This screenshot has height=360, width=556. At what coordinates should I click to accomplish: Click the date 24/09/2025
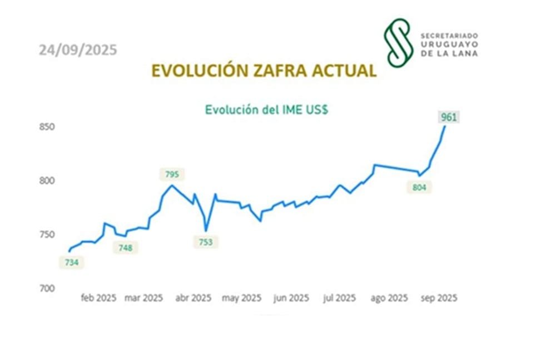(x=78, y=50)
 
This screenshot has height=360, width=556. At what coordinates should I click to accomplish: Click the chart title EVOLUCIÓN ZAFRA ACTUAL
(x=264, y=71)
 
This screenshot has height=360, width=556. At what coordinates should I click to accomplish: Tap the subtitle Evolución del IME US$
(x=266, y=109)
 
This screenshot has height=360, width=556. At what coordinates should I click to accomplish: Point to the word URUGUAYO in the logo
(x=449, y=45)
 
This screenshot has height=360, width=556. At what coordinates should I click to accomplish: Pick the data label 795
(x=172, y=174)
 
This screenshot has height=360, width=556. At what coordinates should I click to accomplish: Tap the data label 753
(x=205, y=242)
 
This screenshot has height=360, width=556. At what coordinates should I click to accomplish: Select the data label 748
(x=125, y=248)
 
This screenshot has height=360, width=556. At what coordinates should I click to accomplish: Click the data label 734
(x=72, y=262)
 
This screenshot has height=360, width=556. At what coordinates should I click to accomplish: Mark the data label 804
(x=419, y=187)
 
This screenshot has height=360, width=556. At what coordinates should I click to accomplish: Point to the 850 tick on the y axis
(x=47, y=127)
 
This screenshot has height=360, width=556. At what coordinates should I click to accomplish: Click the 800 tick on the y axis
(x=47, y=181)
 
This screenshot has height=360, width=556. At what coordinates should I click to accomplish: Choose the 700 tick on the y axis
(x=47, y=288)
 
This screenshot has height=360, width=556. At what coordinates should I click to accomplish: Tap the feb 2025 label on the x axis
(x=98, y=298)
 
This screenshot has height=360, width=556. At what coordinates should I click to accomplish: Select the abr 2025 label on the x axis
(x=193, y=298)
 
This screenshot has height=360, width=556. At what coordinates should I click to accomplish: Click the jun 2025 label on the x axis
(x=291, y=298)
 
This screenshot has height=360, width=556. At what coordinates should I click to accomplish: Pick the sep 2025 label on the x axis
(x=439, y=298)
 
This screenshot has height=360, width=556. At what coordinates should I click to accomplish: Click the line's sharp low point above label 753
(x=206, y=231)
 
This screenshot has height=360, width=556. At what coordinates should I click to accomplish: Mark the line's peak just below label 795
(x=172, y=185)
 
